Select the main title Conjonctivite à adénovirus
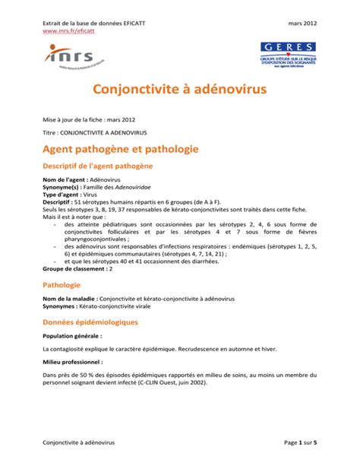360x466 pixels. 179,90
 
